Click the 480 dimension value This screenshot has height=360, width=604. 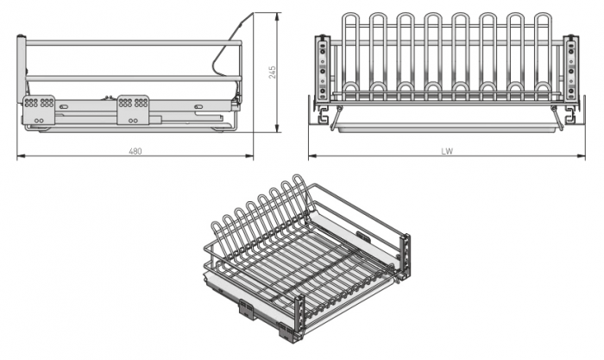[135, 151]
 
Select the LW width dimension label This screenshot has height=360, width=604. [446, 151]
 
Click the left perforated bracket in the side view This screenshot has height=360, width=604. [39, 105]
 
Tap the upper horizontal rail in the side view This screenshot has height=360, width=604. [129, 41]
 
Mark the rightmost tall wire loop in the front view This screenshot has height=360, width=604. [541, 52]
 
